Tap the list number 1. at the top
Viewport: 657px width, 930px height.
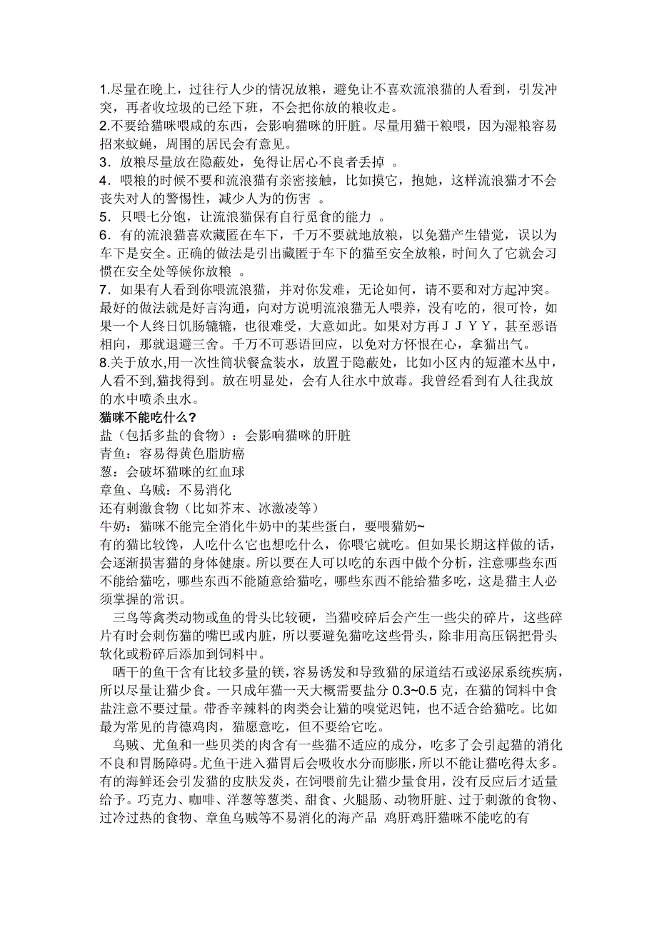point(104,90)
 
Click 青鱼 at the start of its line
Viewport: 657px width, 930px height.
point(111,451)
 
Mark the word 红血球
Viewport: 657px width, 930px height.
point(229,471)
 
